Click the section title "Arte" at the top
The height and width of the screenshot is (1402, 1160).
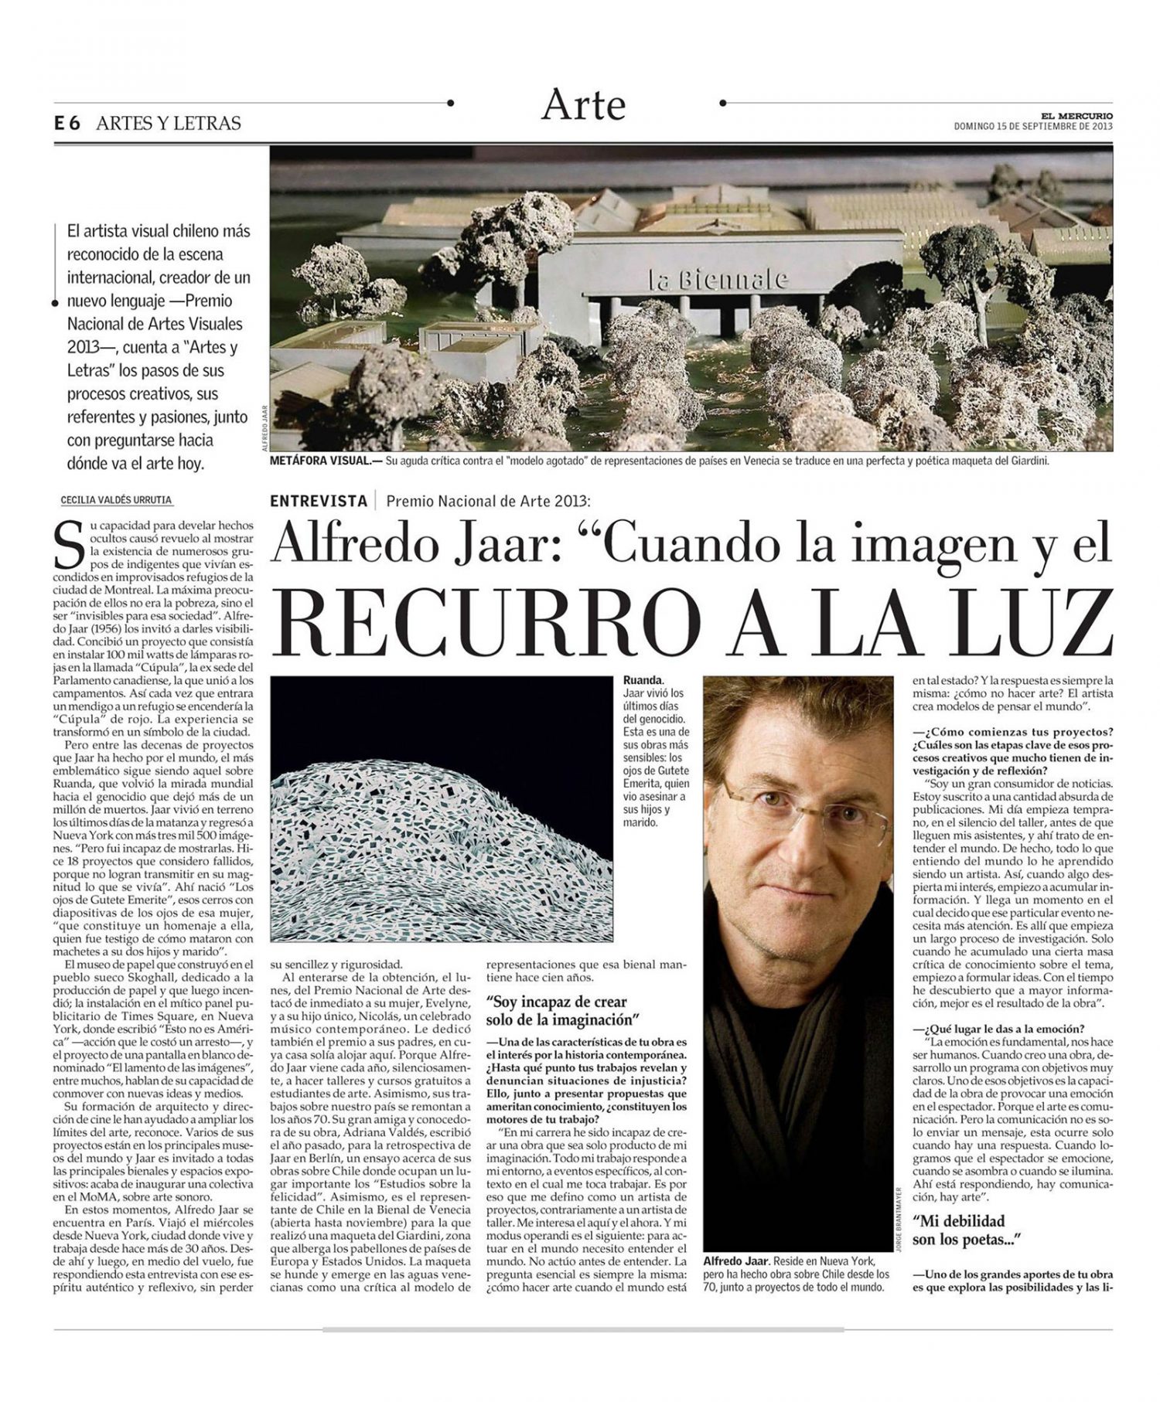pos(583,104)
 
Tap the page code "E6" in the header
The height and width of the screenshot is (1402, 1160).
pos(68,124)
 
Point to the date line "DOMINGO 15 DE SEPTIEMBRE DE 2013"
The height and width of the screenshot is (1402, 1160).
pos(1033,127)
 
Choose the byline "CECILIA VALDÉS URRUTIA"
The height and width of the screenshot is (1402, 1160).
pos(116,500)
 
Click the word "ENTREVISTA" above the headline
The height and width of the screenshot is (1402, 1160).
pos(319,501)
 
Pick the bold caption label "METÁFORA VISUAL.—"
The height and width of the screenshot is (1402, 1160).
pos(319,461)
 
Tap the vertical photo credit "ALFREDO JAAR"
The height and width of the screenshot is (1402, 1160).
pos(264,428)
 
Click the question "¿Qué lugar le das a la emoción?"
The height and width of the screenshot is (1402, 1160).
pos(998,1028)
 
